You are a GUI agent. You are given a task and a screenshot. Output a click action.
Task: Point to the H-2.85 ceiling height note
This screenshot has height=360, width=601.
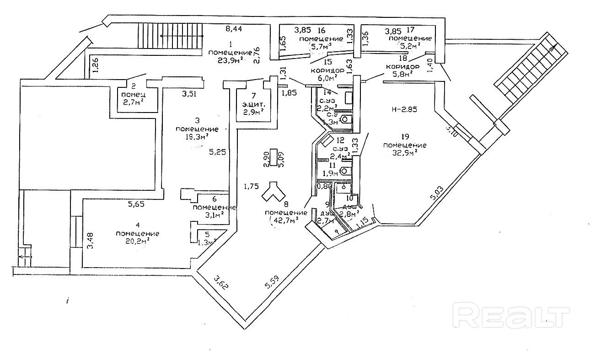coord(404,110)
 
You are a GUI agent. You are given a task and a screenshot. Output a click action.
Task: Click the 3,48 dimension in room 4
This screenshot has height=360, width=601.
coord(91,241)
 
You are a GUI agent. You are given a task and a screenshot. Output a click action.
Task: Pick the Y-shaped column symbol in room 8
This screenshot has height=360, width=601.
coord(273,193)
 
